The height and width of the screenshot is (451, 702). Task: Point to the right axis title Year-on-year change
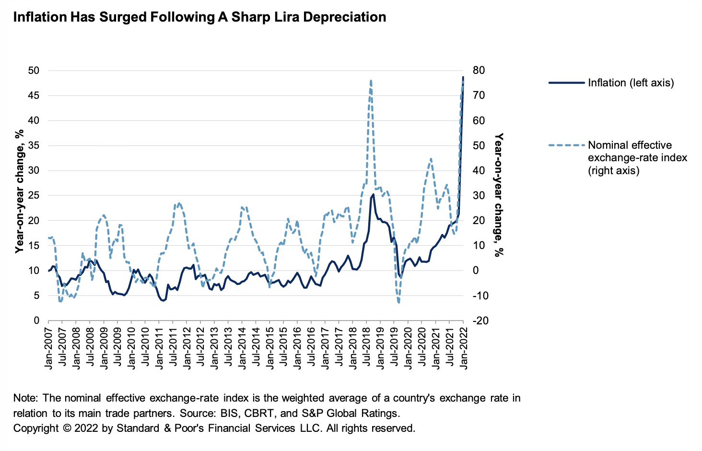(499, 196)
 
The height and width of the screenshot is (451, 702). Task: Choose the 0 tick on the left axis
(36, 320)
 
